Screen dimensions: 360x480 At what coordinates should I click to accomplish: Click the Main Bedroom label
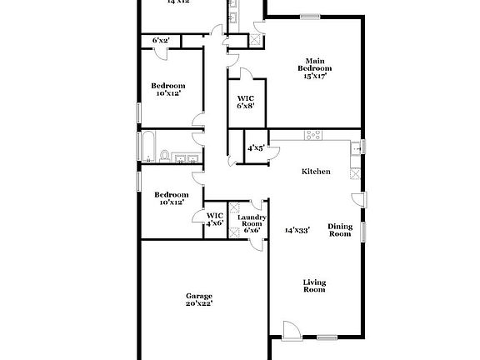point(314,64)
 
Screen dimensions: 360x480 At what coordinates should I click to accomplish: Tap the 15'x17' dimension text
point(314,76)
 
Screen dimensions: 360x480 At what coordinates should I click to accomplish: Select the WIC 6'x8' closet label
point(246,102)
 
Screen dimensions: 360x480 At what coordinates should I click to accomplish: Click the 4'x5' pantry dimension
point(256,148)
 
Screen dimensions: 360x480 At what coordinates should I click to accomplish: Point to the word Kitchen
point(316,172)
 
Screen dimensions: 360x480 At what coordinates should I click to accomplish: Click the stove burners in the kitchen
point(315,135)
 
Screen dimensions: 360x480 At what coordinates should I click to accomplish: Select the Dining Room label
point(340,230)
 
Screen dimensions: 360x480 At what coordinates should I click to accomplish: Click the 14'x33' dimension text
point(297,230)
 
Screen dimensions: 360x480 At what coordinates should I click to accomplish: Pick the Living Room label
point(314,287)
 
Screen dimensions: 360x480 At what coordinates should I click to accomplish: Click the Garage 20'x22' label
point(199,300)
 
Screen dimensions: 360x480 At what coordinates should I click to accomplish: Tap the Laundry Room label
point(253,222)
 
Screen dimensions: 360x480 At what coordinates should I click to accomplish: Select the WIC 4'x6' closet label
point(215,218)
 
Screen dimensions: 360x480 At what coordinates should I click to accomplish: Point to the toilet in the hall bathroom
point(165,155)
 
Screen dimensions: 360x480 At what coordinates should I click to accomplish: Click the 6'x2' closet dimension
point(160,40)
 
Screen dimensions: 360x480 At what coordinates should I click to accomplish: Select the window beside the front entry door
point(327,337)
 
